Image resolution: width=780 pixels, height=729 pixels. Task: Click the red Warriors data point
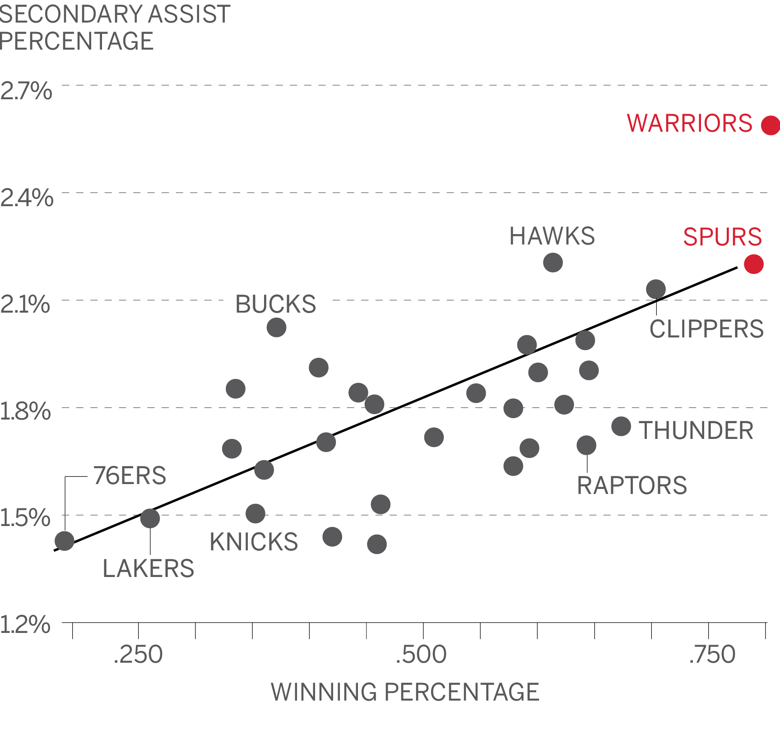(x=771, y=125)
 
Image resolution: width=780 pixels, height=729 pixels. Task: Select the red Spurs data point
(x=754, y=264)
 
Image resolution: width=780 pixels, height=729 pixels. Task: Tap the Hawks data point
(x=553, y=263)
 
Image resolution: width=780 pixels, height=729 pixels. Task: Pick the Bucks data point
(x=276, y=328)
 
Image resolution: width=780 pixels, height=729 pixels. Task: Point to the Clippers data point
(x=656, y=289)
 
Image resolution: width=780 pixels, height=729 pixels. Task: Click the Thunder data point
(x=621, y=426)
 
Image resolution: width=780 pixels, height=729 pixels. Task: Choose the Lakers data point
(x=150, y=518)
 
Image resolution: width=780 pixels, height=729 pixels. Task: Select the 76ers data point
(x=64, y=541)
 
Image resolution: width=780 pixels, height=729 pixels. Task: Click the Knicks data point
(x=255, y=513)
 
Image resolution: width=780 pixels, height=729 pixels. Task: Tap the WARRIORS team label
(x=690, y=123)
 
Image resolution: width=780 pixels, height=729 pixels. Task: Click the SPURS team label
(x=723, y=237)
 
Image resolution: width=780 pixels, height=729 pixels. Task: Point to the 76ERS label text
(x=130, y=475)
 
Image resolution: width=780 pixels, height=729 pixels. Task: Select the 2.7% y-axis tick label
(x=26, y=91)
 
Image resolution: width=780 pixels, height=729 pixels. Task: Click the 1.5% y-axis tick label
(x=25, y=517)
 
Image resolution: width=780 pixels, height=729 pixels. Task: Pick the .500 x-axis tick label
(x=421, y=655)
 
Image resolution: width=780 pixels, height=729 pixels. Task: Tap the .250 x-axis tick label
(x=138, y=655)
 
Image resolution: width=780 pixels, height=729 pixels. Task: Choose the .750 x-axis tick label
(x=712, y=655)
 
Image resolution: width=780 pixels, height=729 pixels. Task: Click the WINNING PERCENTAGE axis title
(x=405, y=692)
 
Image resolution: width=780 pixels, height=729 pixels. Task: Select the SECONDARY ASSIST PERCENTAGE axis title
(x=115, y=28)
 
